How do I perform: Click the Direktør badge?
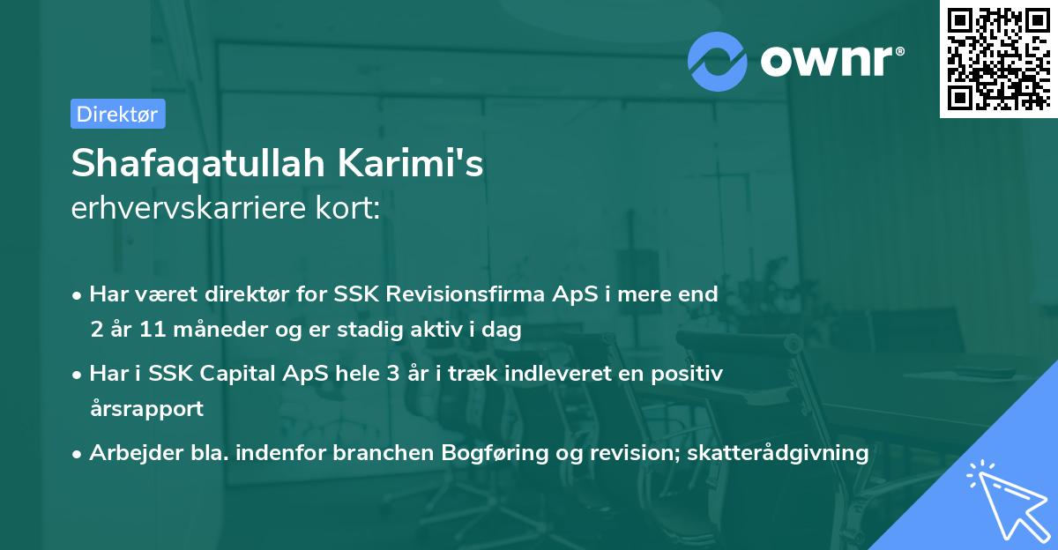(117, 114)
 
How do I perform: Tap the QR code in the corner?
(999, 58)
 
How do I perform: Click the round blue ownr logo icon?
(718, 61)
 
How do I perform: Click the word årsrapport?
(146, 409)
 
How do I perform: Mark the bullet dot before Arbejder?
(78, 454)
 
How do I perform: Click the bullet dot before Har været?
(78, 294)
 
